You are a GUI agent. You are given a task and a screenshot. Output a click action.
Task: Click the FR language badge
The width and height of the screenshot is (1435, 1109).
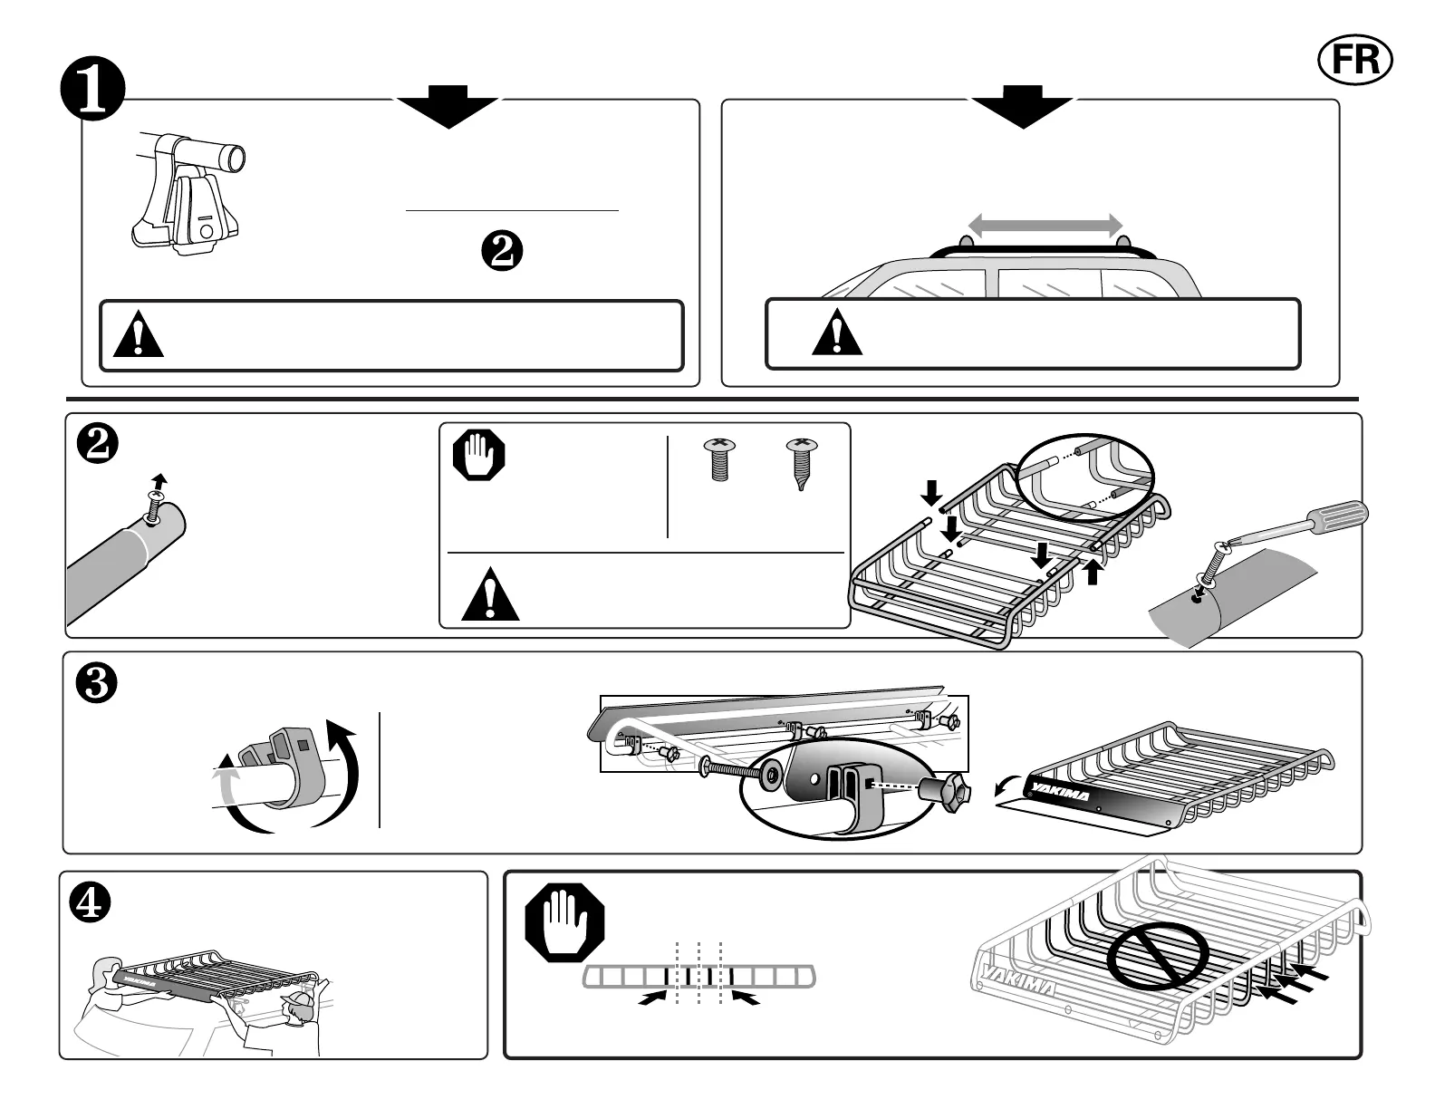click(1354, 59)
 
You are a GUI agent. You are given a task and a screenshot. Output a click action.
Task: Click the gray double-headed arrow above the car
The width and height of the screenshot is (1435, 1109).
click(1045, 224)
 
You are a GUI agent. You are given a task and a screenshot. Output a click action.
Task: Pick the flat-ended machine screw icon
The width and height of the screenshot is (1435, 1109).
click(720, 460)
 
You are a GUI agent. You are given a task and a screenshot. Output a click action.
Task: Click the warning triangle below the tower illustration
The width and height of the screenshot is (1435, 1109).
click(140, 335)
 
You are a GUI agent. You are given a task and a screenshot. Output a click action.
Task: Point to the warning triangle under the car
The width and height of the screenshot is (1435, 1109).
click(837, 333)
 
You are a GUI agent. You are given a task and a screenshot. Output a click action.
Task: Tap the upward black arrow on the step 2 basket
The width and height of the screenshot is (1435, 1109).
click(1094, 571)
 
